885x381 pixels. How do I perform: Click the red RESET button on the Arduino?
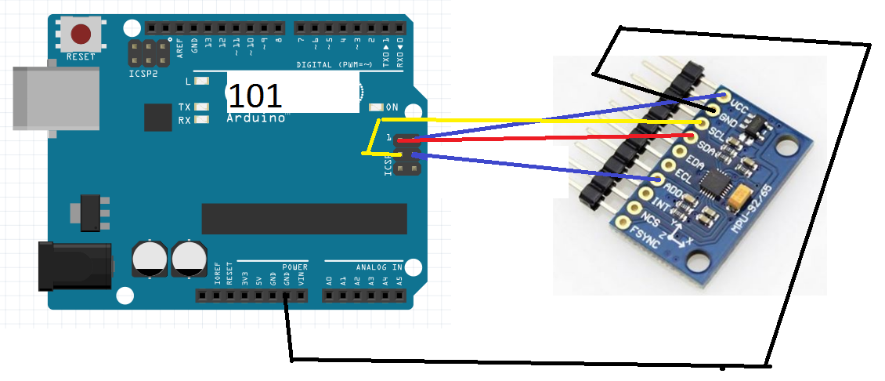(81, 34)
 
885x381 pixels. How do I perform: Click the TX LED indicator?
(202, 107)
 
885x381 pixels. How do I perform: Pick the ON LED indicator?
(375, 107)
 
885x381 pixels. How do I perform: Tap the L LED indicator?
(202, 81)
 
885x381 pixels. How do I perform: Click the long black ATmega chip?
(304, 218)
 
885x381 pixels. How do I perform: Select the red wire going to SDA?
(548, 138)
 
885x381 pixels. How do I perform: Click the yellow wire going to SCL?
(548, 122)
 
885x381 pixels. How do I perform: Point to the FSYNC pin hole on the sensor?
(623, 223)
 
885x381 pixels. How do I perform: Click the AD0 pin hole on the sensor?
(656, 180)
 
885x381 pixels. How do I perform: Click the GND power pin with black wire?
(287, 296)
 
